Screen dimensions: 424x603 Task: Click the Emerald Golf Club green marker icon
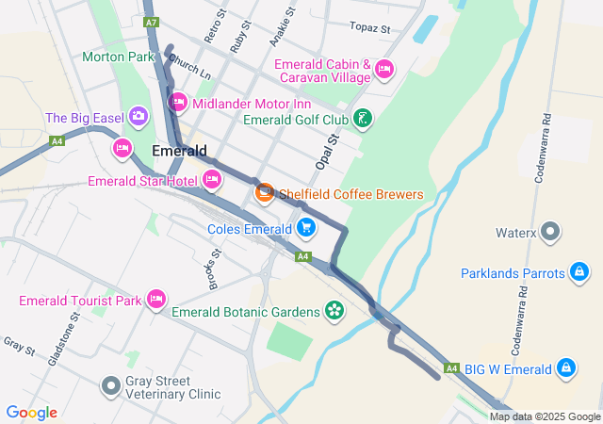tap(362, 119)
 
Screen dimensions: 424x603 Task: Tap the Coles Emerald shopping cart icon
tap(305, 227)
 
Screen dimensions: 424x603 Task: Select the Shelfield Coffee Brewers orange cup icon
tap(265, 193)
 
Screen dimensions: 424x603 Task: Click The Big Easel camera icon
tap(139, 117)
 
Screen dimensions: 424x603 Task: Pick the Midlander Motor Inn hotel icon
tap(177, 102)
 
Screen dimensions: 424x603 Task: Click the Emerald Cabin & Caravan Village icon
tap(383, 69)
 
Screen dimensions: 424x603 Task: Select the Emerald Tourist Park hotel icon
tap(156, 300)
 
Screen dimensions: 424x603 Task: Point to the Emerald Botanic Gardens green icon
tap(334, 310)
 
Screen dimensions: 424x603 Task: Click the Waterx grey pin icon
tap(551, 231)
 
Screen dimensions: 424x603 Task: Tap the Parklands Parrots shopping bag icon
tap(578, 274)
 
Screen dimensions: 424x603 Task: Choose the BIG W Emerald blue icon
tap(565, 367)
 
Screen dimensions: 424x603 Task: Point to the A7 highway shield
tap(152, 21)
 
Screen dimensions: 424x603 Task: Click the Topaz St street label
tap(369, 28)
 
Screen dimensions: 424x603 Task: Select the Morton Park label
tap(118, 57)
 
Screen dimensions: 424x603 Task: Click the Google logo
tap(31, 413)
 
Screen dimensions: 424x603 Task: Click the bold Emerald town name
tap(179, 151)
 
